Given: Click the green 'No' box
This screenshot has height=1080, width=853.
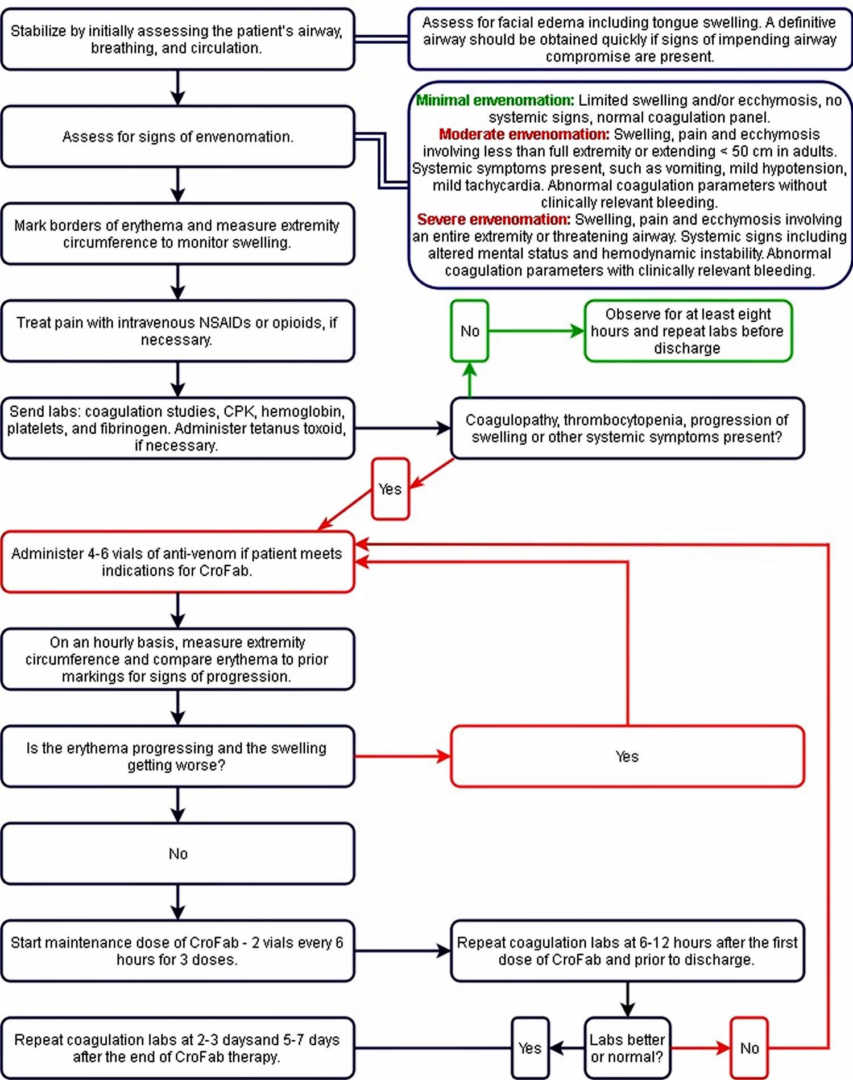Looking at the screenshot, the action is click(x=470, y=331).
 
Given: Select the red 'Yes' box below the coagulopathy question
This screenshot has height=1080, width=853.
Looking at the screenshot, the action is click(x=390, y=489).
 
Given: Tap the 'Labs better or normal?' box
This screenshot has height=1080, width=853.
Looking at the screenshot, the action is click(x=627, y=1048).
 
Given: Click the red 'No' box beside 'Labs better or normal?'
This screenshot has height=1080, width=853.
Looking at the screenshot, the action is click(x=749, y=1048).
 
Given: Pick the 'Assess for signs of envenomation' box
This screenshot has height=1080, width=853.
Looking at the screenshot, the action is click(x=178, y=136).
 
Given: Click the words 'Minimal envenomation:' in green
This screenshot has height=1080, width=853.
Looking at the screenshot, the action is click(x=495, y=100).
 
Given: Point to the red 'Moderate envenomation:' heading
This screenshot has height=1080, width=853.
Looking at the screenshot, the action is click(x=524, y=134).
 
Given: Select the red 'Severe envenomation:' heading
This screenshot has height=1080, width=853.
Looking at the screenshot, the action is click(x=494, y=219).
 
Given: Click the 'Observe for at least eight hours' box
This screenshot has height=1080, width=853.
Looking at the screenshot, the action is click(x=688, y=331).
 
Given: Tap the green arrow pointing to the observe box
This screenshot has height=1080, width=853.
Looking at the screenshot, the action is click(x=536, y=331).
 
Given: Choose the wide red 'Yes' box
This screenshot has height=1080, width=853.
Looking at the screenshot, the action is click(x=627, y=756).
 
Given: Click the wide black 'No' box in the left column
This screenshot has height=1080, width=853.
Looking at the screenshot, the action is click(x=178, y=853).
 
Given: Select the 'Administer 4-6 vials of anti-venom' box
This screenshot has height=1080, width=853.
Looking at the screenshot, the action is click(x=178, y=562).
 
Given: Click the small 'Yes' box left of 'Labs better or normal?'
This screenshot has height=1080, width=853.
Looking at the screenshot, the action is click(x=530, y=1048).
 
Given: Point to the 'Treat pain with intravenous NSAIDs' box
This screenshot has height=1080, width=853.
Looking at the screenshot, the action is click(x=178, y=331).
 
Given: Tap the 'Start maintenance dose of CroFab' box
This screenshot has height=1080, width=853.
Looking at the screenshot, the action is click(x=178, y=950).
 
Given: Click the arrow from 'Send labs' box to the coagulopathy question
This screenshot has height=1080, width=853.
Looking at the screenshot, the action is click(x=403, y=428).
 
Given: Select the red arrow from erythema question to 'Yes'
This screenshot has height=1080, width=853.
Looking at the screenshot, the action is click(x=403, y=756).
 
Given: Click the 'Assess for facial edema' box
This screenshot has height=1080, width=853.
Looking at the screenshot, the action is click(x=630, y=39).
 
